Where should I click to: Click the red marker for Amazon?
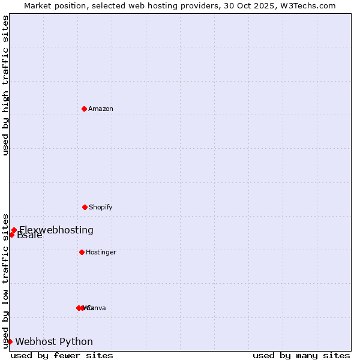85,109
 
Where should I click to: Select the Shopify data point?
85,207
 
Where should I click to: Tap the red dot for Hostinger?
82,252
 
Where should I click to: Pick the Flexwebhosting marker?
14,230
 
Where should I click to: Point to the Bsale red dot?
11,235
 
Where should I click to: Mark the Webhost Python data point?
10,341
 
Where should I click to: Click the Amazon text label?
101,109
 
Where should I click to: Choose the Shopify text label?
101,207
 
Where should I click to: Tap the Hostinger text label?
101,252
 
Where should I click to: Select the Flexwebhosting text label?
56,230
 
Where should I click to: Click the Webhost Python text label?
54,341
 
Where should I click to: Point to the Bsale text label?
29,235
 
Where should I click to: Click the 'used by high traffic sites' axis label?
5,86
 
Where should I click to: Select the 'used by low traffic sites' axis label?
5,281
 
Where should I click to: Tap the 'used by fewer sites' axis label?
62,355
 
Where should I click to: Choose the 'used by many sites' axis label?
301,355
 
